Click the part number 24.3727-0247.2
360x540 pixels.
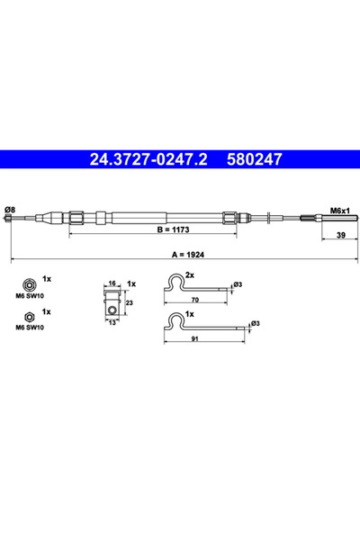[x=148, y=159]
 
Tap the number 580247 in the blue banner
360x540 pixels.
[x=254, y=159]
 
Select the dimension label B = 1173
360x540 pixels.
[x=173, y=229]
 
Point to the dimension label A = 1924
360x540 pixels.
[x=188, y=255]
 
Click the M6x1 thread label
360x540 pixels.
[x=339, y=211]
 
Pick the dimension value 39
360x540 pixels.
[x=341, y=235]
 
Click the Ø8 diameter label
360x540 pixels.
[x=10, y=210]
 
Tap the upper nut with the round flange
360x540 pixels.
[x=29, y=284]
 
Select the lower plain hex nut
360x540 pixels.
[x=29, y=317]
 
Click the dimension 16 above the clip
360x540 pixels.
[x=112, y=283]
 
